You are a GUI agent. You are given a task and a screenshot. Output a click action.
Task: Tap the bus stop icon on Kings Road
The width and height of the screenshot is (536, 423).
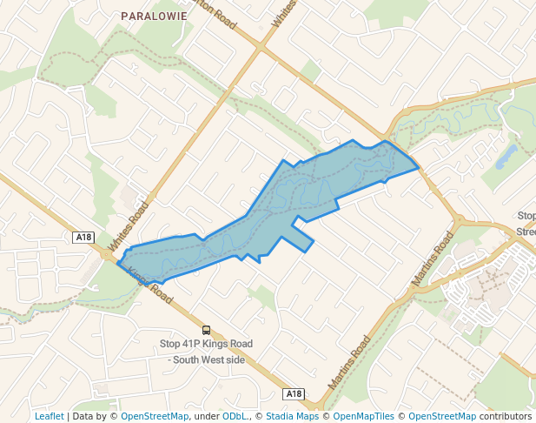tap(206, 330)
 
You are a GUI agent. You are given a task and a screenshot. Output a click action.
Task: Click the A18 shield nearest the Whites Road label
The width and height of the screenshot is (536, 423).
tap(83, 237)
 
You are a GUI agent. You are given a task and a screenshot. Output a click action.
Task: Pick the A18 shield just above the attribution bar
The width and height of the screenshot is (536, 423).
tap(294, 393)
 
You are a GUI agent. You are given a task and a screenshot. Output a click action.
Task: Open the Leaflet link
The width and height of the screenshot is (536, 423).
tap(50, 416)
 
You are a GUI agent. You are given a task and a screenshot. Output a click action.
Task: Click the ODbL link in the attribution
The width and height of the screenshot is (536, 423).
tap(235, 416)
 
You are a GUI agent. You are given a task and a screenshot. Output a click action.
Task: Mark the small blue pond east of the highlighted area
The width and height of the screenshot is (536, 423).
tap(506, 156)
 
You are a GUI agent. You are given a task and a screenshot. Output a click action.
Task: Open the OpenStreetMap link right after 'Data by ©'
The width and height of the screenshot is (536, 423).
tap(155, 416)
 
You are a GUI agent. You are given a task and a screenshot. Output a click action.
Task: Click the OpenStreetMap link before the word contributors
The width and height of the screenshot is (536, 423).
tap(442, 416)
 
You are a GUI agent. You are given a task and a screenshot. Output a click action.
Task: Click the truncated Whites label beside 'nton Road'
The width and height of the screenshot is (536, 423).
tap(284, 13)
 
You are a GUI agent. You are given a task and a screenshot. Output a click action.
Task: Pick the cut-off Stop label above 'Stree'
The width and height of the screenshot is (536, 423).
tap(526, 216)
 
